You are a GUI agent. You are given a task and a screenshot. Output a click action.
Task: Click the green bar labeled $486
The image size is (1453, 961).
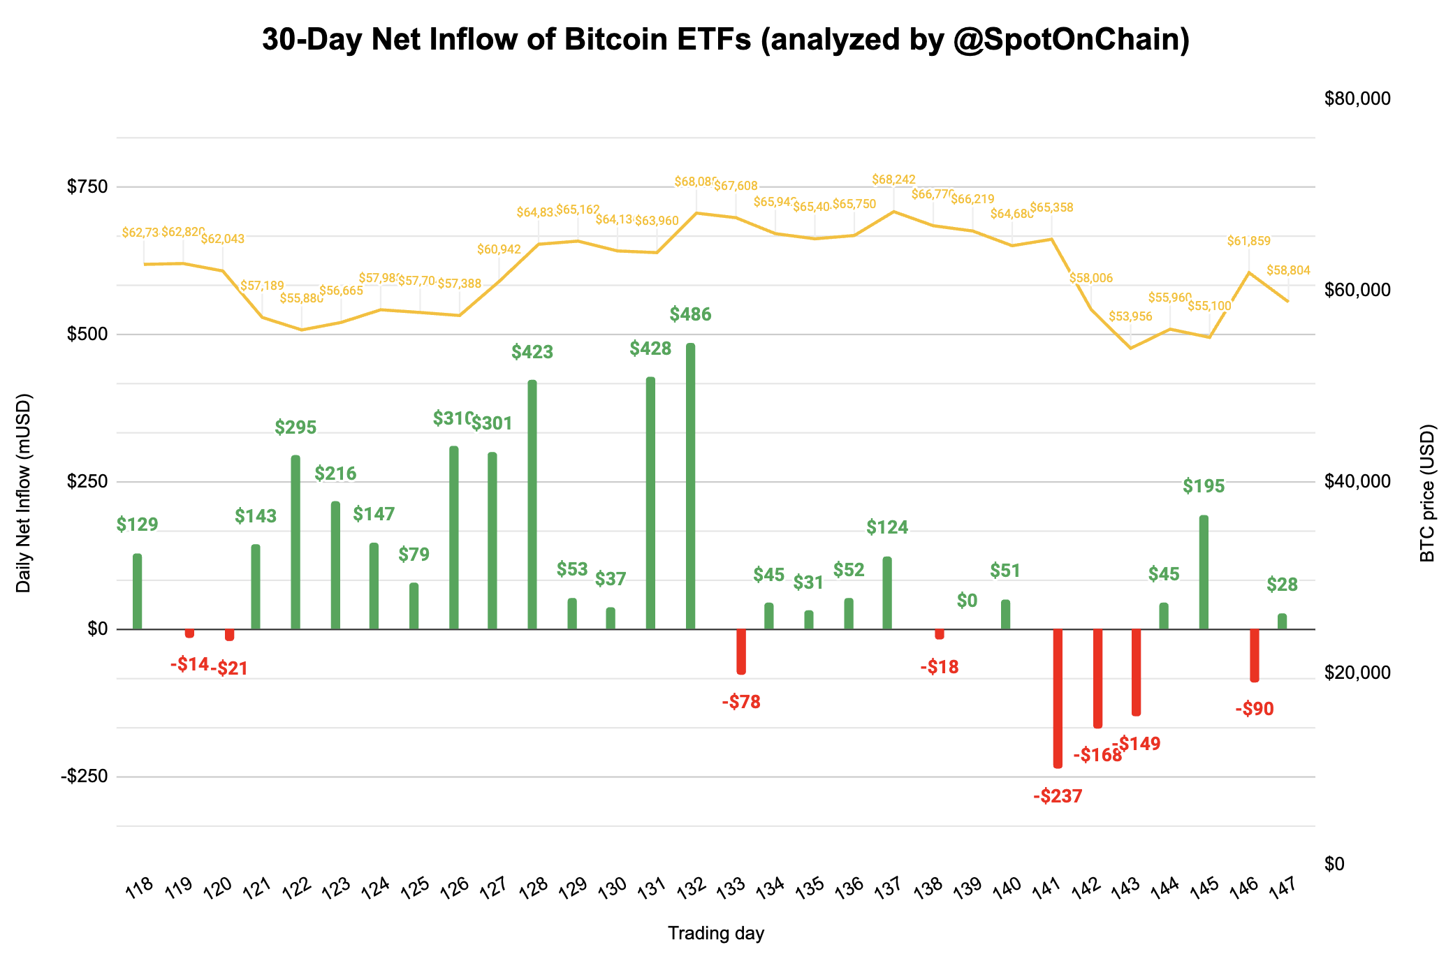pyautogui.click(x=690, y=486)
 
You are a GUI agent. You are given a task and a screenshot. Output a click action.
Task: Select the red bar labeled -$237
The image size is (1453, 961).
pyautogui.click(x=1058, y=698)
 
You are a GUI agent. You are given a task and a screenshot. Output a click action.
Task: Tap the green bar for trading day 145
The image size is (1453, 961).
pyautogui.click(x=1204, y=573)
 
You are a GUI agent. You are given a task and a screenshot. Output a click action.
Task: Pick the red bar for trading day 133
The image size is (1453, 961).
pyautogui.click(x=741, y=652)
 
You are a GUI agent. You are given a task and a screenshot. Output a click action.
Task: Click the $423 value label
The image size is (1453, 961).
pyautogui.click(x=532, y=352)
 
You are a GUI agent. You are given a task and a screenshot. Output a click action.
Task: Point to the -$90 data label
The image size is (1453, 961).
pyautogui.click(x=1255, y=710)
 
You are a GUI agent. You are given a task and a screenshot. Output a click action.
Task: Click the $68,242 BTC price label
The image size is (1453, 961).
pyautogui.click(x=893, y=180)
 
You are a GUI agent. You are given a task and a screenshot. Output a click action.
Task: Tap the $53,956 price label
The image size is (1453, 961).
pyautogui.click(x=1130, y=316)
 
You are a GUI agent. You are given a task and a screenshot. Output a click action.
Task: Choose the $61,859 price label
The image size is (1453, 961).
pyautogui.click(x=1249, y=242)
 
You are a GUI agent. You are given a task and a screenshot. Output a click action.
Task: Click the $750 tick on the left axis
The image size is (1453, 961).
pyautogui.click(x=87, y=186)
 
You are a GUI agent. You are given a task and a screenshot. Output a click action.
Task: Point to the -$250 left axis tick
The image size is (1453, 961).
pyautogui.click(x=84, y=777)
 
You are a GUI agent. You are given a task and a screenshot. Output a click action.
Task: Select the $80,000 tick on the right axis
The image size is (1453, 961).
pyautogui.click(x=1357, y=99)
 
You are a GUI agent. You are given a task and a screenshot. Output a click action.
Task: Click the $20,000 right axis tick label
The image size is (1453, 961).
pyautogui.click(x=1357, y=673)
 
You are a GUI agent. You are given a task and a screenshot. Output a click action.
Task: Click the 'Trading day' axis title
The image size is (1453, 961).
pyautogui.click(x=716, y=933)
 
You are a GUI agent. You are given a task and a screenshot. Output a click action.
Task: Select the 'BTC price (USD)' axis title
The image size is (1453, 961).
pyautogui.click(x=1428, y=493)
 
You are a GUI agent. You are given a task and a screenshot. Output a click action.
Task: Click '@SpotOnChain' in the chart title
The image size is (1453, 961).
pyautogui.click(x=1072, y=40)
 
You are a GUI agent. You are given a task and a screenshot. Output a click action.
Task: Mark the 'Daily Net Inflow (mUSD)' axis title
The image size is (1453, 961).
pyautogui.click(x=24, y=493)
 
